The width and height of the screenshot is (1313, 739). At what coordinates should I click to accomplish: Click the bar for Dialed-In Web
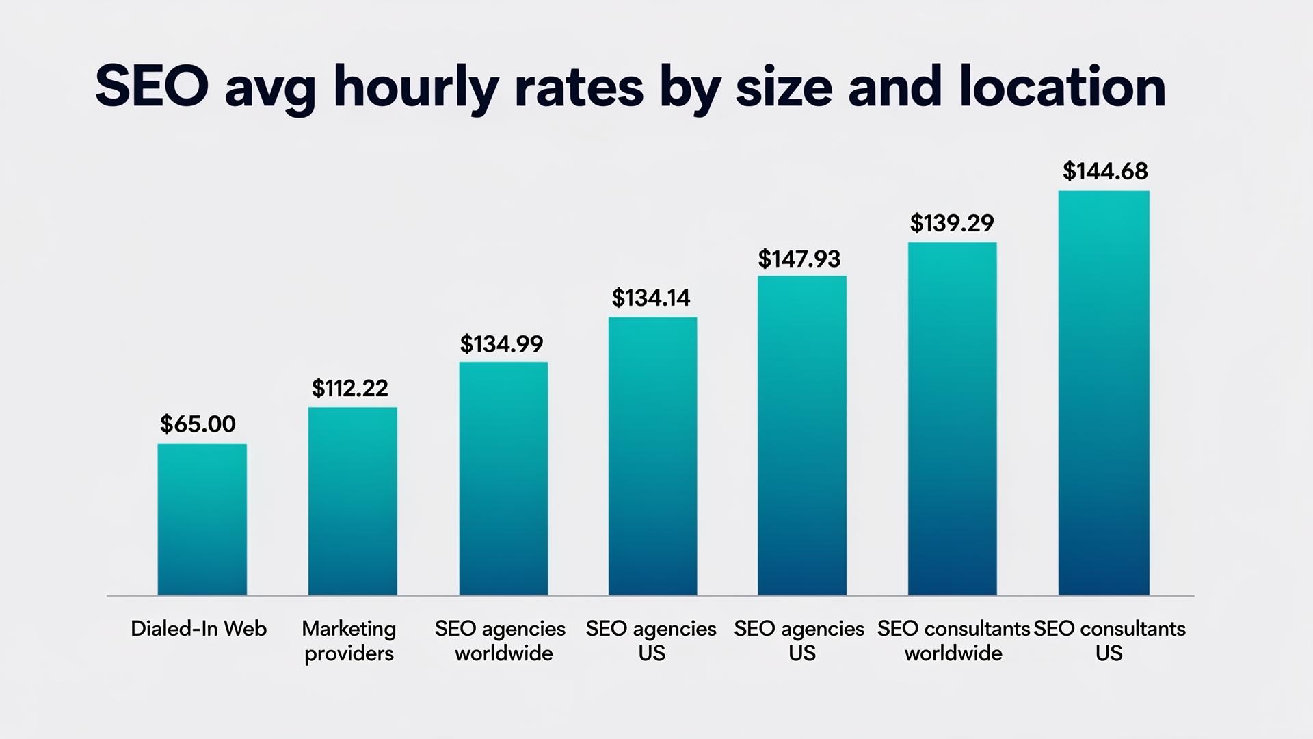pyautogui.click(x=202, y=520)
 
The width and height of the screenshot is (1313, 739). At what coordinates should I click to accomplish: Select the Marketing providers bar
pyautogui.click(x=352, y=502)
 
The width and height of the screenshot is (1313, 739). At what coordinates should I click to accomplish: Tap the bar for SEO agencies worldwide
pyautogui.click(x=503, y=479)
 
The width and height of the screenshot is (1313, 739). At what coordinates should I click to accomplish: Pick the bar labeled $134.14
pyautogui.click(x=652, y=456)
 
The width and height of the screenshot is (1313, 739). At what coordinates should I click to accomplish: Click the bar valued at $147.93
pyautogui.click(x=801, y=436)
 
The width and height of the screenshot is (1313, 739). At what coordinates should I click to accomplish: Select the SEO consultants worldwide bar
pyautogui.click(x=952, y=419)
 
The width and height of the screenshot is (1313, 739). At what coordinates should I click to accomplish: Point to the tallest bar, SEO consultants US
pyautogui.click(x=1103, y=393)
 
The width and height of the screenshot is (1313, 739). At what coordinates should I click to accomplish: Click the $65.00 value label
pyautogui.click(x=198, y=424)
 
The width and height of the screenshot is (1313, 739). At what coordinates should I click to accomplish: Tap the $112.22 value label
pyautogui.click(x=349, y=389)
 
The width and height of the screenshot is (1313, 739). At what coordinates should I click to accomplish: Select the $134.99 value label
pyautogui.click(x=501, y=344)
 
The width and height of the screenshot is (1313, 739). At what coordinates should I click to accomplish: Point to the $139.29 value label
pyautogui.click(x=951, y=223)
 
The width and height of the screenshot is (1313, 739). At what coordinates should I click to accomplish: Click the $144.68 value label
pyautogui.click(x=1104, y=171)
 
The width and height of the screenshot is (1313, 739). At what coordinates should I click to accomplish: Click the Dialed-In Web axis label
pyautogui.click(x=198, y=629)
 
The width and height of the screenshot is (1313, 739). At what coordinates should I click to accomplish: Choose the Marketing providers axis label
pyautogui.click(x=349, y=640)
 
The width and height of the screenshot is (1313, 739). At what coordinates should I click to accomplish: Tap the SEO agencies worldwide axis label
pyautogui.click(x=501, y=640)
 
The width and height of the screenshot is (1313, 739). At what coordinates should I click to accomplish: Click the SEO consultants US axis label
pyautogui.click(x=1109, y=640)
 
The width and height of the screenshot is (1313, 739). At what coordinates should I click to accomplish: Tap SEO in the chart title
pyautogui.click(x=152, y=88)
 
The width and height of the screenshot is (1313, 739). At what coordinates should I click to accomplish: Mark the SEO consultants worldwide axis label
pyautogui.click(x=953, y=640)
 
